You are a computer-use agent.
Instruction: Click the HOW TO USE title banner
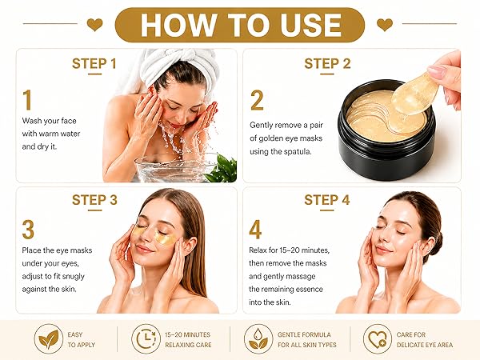[x=240, y=25]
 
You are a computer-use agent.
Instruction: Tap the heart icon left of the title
[x=95, y=25]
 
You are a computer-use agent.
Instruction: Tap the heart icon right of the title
[x=385, y=25]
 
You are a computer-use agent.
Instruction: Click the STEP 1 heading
[x=94, y=64]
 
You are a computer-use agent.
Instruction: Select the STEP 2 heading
[x=327, y=64]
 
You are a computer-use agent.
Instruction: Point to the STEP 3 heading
[x=94, y=200]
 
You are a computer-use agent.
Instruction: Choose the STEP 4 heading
[x=327, y=200]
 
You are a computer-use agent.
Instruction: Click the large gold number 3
[x=28, y=230]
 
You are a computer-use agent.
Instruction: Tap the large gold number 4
[x=255, y=230]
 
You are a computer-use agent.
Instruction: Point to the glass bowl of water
[x=176, y=168]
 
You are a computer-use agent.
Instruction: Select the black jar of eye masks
[x=386, y=130]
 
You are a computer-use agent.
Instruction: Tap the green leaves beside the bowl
[x=222, y=169]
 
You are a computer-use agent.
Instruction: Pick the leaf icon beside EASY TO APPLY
[x=49, y=339]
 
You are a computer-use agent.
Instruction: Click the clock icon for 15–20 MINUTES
[x=146, y=339]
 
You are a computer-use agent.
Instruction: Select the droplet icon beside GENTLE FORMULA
[x=258, y=339]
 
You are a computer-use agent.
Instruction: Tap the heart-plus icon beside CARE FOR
[x=378, y=339]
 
